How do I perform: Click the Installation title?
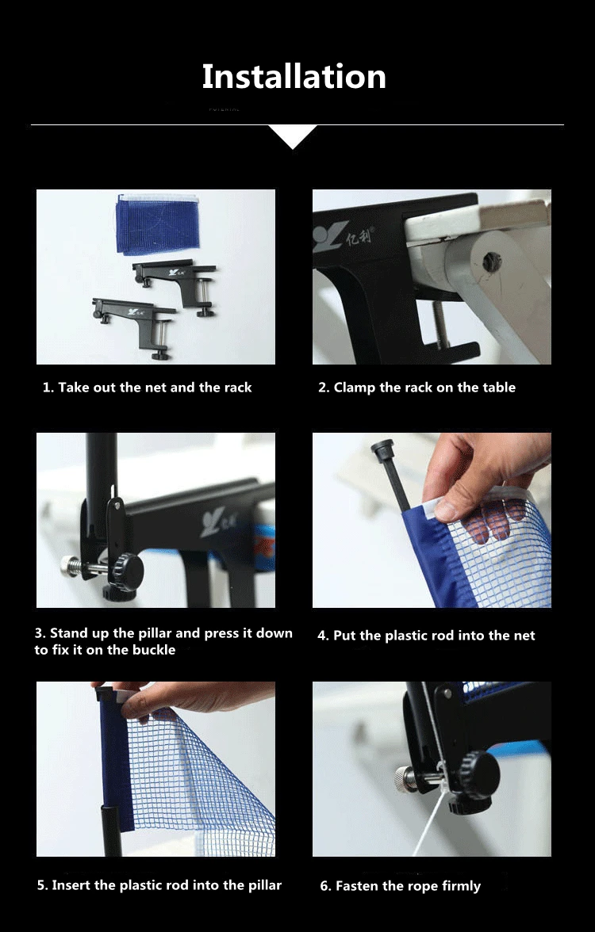point(294,77)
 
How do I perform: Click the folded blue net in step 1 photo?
point(158,223)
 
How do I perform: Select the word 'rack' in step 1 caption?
point(238,388)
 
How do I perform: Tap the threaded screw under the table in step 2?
point(440,325)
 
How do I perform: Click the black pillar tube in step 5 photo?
point(111,830)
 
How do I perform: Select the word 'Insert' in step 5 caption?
point(71,885)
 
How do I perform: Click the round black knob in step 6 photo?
point(478,776)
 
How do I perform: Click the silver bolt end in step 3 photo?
point(70,563)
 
